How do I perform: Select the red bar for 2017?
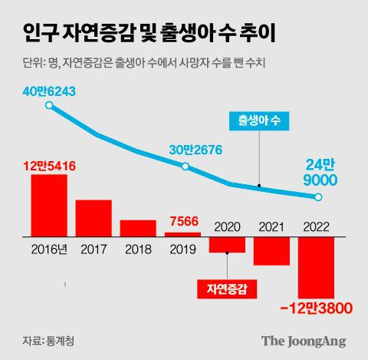click(94, 219)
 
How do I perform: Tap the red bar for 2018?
click(138, 229)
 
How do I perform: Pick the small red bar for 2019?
click(182, 235)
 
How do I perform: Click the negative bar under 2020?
click(228, 245)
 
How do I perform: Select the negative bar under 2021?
click(271, 252)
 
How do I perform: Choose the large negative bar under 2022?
click(316, 268)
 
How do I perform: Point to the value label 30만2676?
click(185, 150)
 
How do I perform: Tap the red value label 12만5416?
click(48, 165)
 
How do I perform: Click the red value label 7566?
click(183, 221)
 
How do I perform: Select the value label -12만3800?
click(315, 309)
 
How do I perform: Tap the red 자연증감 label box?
click(228, 289)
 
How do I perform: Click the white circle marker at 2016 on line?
click(49, 106)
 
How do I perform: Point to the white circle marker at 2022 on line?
click(318, 198)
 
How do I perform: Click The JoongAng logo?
click(304, 340)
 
